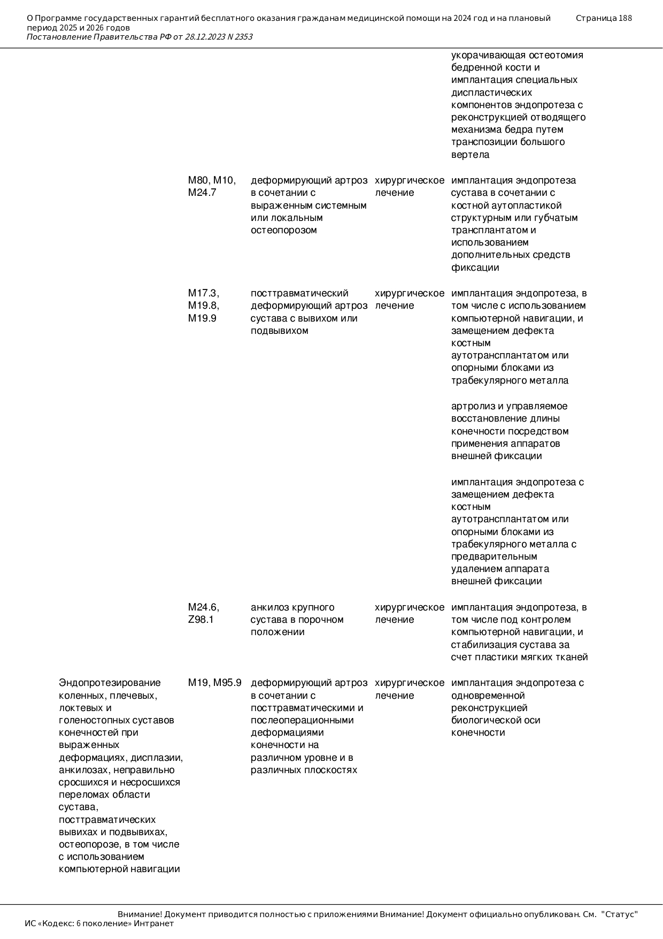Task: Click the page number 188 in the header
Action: coord(625,18)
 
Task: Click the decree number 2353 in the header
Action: coord(243,37)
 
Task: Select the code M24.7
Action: coord(202,193)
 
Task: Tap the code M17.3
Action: coord(203,293)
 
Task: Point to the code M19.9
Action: coord(202,318)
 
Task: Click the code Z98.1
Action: coord(201,620)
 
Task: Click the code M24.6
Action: coord(203,607)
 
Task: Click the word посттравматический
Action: coord(299,293)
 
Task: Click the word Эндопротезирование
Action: coord(110,683)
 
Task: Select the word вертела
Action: coord(471,155)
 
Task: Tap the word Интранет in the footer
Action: coord(154,923)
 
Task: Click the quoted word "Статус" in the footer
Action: coord(620,914)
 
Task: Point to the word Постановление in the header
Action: coord(59,37)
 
